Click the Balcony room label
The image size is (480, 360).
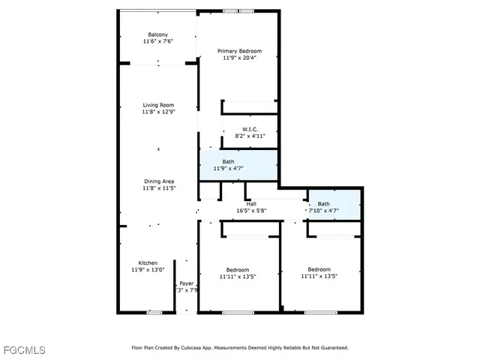click(x=157, y=34)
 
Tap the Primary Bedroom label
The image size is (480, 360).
click(x=239, y=51)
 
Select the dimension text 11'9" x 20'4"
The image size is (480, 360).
click(x=239, y=58)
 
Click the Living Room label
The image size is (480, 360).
click(x=158, y=105)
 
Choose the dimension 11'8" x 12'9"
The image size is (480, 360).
click(x=158, y=112)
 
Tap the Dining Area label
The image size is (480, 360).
click(x=159, y=181)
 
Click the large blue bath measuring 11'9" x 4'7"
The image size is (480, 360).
click(x=238, y=165)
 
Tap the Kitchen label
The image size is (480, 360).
click(x=147, y=262)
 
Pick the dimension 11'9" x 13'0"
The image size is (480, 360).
click(x=147, y=269)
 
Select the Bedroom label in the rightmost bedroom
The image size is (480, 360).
click(x=319, y=269)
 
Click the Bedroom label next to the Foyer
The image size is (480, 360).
click(x=238, y=269)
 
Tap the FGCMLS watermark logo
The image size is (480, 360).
click(x=24, y=350)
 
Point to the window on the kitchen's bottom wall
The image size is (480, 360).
click(x=154, y=312)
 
